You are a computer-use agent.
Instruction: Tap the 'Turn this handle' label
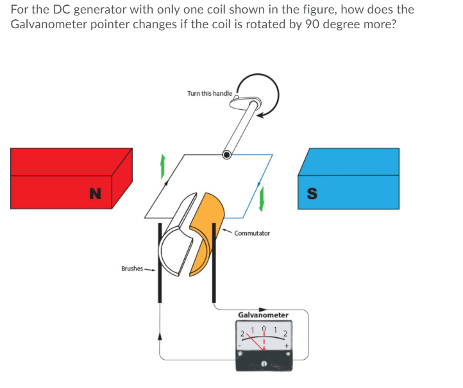point(210,93)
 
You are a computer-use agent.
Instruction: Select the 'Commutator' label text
point(252,233)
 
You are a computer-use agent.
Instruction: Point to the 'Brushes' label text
point(131,268)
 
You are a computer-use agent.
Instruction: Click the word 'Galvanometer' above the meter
point(263,315)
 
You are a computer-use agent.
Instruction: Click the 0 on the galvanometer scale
point(263,330)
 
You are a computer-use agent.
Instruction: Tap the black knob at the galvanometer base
point(263,364)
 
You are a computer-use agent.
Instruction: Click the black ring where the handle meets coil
point(227,155)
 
